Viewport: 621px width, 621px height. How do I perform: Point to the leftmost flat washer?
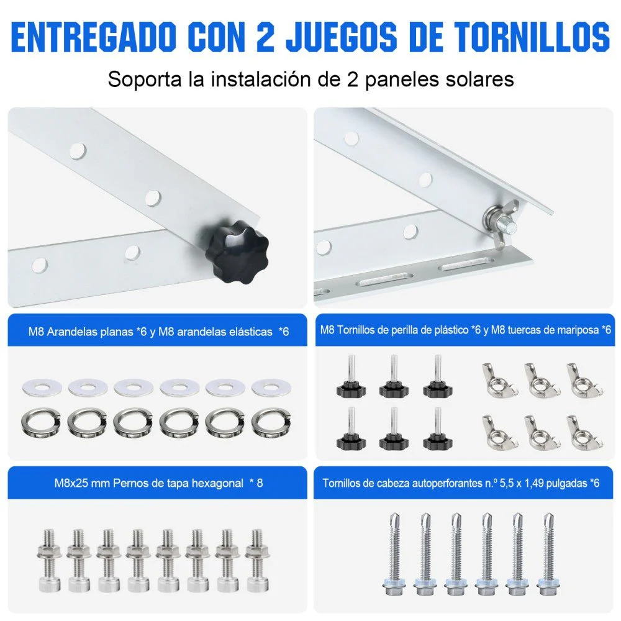(x=42, y=388)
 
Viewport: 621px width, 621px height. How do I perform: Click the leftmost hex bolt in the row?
(x=47, y=559)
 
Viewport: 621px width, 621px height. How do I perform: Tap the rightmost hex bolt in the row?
(x=254, y=559)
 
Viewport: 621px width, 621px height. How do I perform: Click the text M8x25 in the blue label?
(x=69, y=483)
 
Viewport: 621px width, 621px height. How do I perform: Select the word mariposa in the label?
(x=578, y=330)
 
